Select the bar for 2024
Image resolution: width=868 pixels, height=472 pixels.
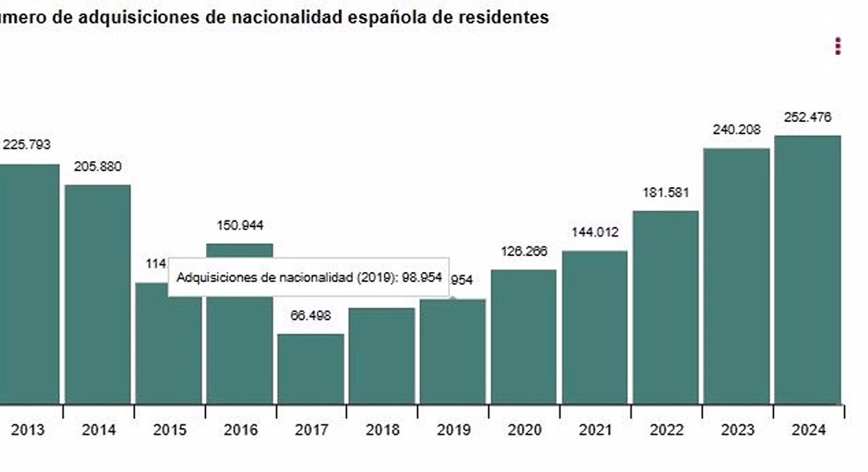[x=808, y=269]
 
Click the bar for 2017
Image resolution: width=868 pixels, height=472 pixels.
[x=311, y=369]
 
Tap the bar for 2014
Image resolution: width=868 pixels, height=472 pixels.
[x=98, y=294]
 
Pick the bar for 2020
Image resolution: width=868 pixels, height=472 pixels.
[x=524, y=336]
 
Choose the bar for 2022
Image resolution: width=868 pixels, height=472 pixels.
[x=665, y=307]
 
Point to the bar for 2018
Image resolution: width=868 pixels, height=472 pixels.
[x=382, y=356]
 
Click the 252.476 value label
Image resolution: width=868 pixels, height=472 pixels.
[x=808, y=117]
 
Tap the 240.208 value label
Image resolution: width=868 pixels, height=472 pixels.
[x=737, y=130]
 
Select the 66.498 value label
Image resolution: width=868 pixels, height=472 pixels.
[x=310, y=315]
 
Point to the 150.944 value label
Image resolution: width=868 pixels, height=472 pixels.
[x=240, y=225]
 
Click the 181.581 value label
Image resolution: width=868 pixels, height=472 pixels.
[x=665, y=192]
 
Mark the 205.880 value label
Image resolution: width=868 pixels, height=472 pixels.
[x=98, y=166]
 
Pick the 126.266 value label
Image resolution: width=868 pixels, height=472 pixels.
[x=524, y=251]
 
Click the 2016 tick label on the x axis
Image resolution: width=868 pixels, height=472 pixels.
[x=241, y=430]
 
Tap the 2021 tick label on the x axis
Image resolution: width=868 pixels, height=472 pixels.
[x=595, y=430]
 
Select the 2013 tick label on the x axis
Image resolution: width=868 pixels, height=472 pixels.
[x=28, y=430]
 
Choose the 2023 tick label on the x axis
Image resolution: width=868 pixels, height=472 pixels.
[x=737, y=430]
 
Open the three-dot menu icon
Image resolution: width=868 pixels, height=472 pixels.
[x=837, y=46]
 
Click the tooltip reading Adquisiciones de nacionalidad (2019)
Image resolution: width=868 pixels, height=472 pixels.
[x=309, y=277]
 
